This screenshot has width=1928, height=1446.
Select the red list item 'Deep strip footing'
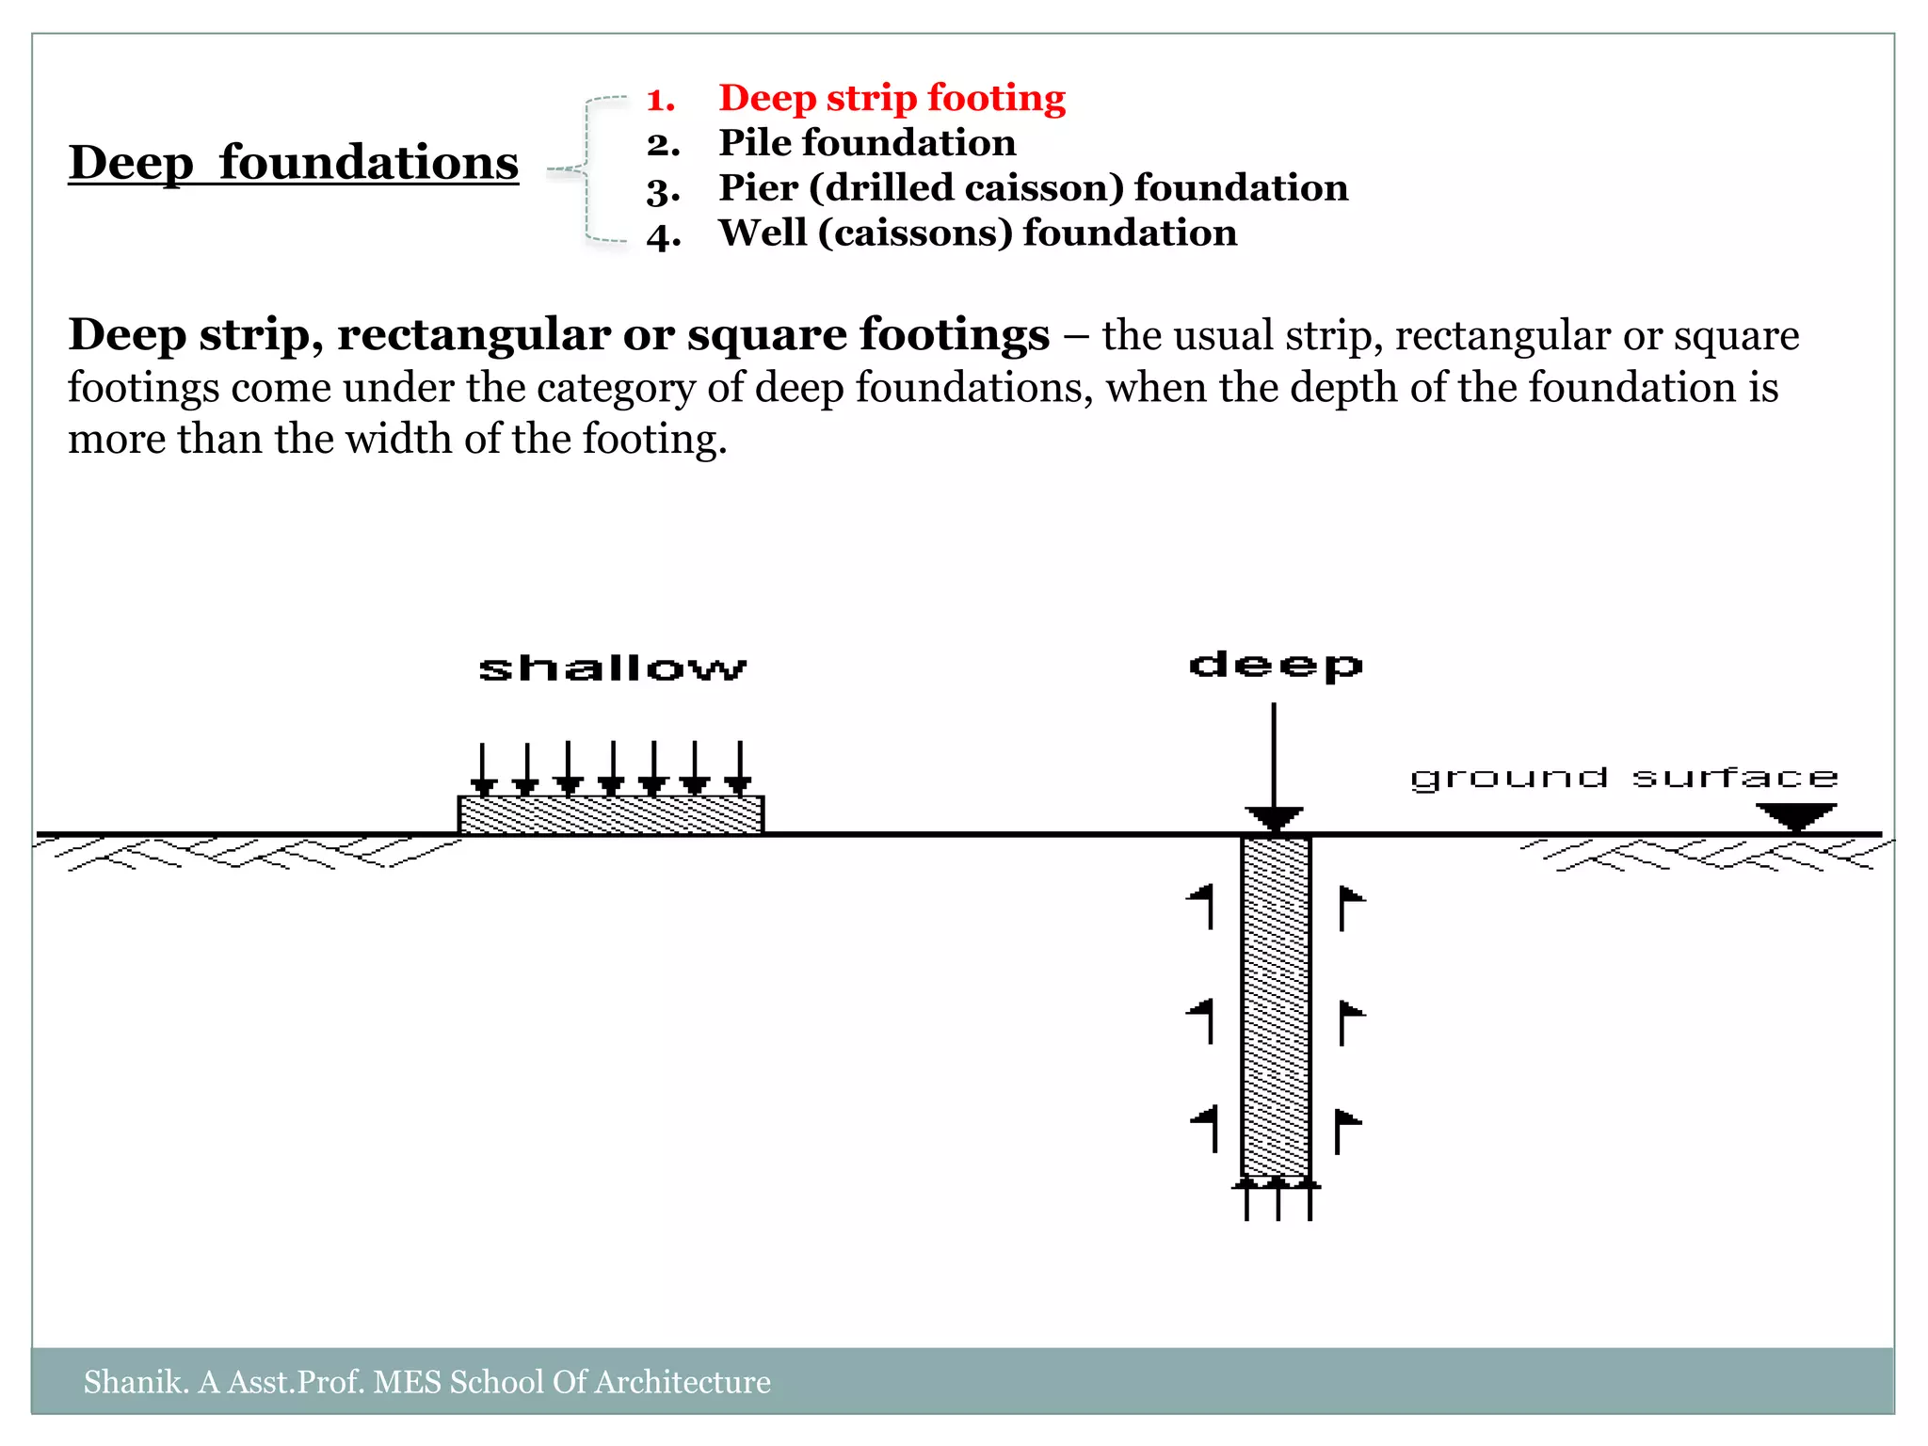(892, 98)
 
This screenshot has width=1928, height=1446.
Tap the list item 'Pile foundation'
(867, 143)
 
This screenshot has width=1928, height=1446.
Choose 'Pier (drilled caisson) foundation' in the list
(1033, 188)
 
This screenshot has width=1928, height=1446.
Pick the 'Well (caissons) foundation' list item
(977, 233)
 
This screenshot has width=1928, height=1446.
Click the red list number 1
(661, 100)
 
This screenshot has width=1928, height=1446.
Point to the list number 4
(663, 235)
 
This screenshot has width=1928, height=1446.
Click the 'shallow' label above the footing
(612, 668)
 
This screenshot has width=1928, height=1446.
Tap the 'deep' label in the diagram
(1276, 666)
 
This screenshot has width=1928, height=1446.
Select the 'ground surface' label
(1623, 778)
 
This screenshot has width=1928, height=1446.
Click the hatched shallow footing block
(611, 814)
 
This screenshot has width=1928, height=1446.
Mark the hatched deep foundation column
(1276, 1007)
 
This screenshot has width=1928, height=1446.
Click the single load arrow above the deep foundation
(1274, 763)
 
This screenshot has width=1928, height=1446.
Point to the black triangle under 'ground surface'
(1796, 815)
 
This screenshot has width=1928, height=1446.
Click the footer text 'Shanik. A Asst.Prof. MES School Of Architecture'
(426, 1382)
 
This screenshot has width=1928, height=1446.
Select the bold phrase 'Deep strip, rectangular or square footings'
(558, 335)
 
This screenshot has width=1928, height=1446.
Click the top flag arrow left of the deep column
(1201, 905)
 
